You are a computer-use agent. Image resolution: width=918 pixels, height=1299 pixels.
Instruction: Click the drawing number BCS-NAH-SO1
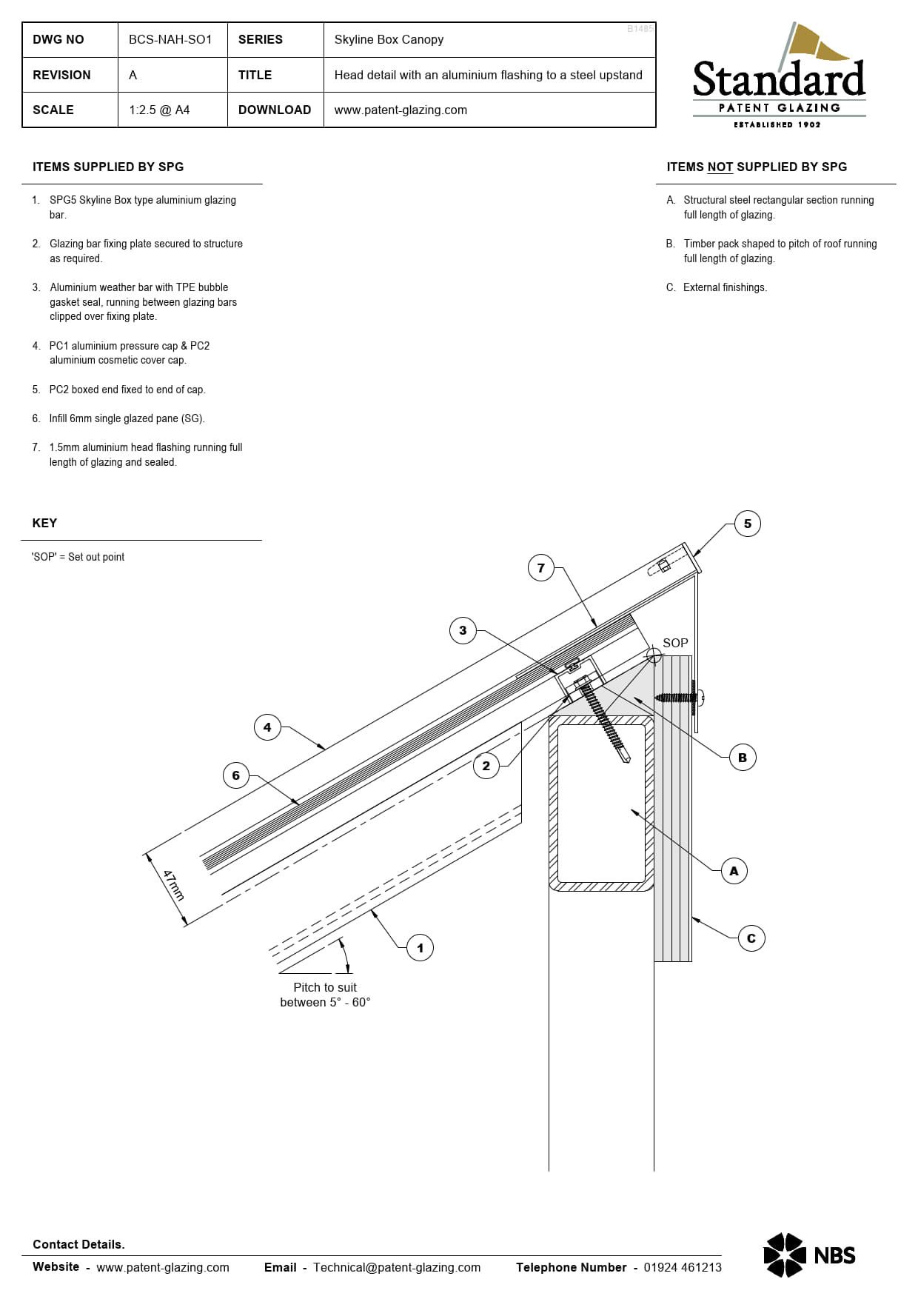tap(170, 39)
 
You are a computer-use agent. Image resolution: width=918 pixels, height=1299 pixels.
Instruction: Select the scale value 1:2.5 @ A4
tap(159, 110)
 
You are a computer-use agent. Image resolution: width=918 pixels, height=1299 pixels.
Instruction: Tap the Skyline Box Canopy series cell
tap(389, 39)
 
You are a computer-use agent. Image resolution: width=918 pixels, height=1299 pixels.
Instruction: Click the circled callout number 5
tap(747, 524)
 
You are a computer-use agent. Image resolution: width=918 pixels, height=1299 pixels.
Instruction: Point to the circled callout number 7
tap(540, 568)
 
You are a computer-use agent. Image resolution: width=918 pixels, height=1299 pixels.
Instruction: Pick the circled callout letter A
tap(734, 871)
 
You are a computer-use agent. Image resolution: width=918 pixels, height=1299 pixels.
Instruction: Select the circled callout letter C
tap(751, 938)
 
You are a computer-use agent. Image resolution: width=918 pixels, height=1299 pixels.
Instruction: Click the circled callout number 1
tap(420, 947)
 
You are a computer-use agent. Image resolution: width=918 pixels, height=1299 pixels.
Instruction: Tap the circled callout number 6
tap(235, 775)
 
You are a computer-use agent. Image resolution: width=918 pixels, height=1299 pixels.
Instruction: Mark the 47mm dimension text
tap(173, 885)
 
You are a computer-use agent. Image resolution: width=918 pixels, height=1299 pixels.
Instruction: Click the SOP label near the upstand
tap(675, 643)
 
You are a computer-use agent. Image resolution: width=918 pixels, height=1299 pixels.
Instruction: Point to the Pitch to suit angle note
tap(325, 995)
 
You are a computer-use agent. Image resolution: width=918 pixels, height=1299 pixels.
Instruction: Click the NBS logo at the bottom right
tap(809, 1255)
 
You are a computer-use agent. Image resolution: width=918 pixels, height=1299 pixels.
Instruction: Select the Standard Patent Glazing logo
tap(779, 78)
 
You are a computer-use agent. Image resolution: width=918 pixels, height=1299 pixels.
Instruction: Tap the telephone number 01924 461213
tap(682, 1267)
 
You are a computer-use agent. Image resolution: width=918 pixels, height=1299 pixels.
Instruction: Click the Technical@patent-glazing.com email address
tap(396, 1267)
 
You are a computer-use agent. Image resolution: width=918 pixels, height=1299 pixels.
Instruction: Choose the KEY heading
tap(44, 523)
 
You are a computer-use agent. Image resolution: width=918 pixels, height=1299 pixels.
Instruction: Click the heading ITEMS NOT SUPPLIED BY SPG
tap(756, 167)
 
